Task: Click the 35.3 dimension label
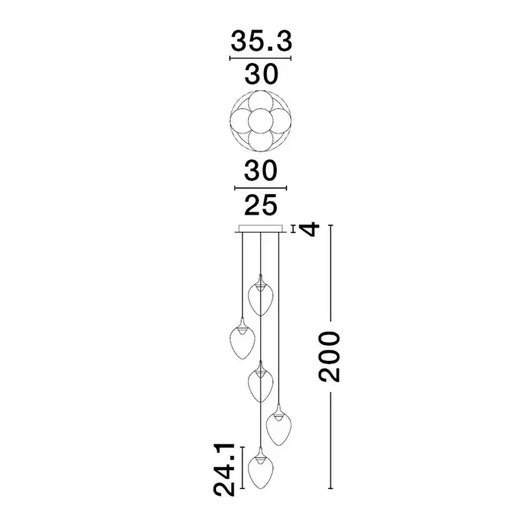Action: tap(261, 41)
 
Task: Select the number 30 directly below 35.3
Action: tap(262, 74)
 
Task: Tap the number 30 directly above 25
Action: tap(261, 171)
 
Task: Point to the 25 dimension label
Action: tap(261, 205)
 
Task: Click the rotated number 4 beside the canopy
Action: tap(310, 229)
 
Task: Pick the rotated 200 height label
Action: tap(329, 357)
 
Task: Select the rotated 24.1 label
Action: tap(224, 469)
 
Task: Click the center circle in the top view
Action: tap(260, 121)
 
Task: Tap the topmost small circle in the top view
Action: tap(260, 102)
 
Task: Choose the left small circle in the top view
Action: tap(242, 121)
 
